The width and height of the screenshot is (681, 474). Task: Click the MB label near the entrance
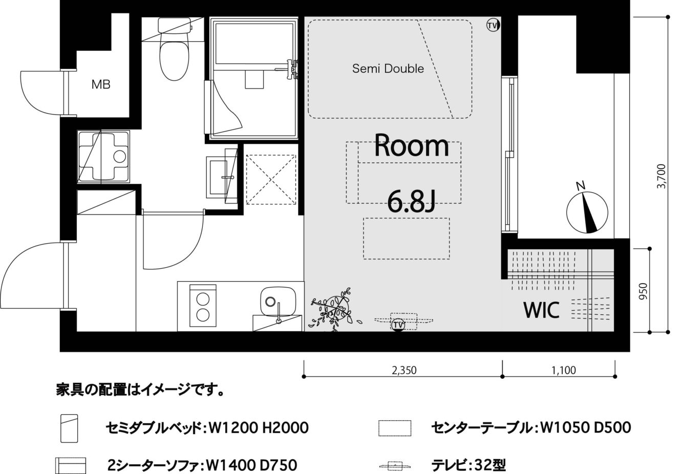(101, 84)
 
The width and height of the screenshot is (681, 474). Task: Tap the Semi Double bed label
(388, 69)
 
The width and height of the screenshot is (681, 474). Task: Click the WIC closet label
(541, 310)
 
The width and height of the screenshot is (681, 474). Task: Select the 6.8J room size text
(412, 201)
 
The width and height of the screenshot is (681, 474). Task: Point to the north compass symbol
(587, 211)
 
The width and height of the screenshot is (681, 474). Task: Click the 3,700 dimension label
(661, 176)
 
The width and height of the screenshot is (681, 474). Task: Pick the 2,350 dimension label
(404, 370)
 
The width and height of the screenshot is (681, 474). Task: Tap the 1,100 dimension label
(564, 370)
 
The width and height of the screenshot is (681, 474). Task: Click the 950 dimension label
(643, 291)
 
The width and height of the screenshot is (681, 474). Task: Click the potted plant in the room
(333, 310)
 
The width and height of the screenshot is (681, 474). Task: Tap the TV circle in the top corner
(493, 25)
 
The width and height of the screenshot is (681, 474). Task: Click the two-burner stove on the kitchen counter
(203, 306)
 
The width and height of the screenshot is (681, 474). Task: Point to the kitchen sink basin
(278, 301)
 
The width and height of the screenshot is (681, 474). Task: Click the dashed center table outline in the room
(406, 239)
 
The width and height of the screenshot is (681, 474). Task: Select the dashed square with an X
(270, 180)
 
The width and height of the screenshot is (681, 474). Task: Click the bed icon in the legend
(69, 428)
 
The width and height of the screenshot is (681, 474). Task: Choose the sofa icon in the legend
(71, 465)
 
